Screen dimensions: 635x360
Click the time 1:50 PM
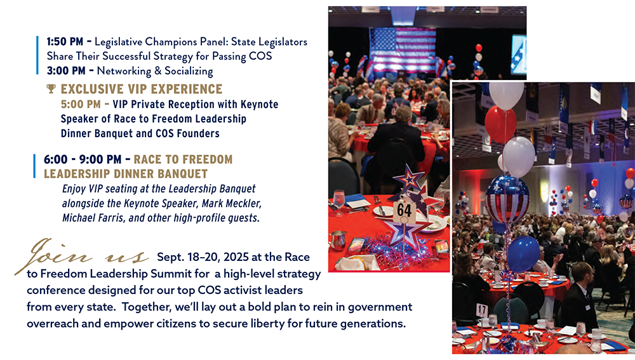(65, 42)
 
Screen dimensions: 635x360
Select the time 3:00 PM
(66, 71)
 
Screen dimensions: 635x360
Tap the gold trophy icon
(51, 89)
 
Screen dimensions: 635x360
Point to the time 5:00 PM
(81, 104)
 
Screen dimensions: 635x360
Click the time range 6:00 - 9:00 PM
(82, 159)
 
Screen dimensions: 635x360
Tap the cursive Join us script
(82, 255)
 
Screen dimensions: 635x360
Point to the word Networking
(124, 71)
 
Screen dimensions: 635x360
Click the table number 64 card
(404, 211)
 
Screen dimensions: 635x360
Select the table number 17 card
(481, 310)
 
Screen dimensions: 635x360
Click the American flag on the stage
(403, 50)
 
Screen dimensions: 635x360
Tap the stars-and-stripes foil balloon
(507, 199)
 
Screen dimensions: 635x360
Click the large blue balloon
(523, 254)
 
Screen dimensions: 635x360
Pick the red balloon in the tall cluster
(500, 124)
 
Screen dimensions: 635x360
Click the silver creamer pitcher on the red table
(338, 240)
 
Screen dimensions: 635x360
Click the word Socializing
(189, 71)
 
